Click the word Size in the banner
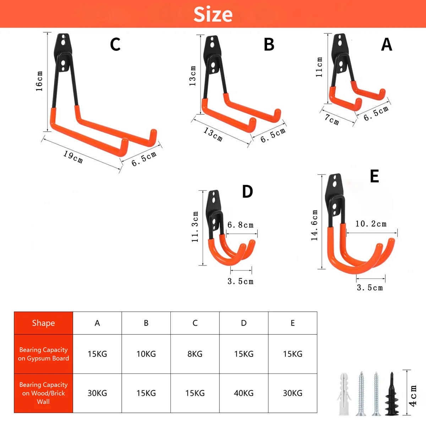pos(213,14)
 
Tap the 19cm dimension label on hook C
pos(73,157)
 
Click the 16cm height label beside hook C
pos(39,81)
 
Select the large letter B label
pos(269,45)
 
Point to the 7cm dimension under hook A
pos(332,120)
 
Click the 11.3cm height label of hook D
pos(195,227)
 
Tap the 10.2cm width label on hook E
pos(371,224)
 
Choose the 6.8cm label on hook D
pos(240,225)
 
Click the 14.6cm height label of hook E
pos(315,225)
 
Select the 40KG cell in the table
pos(244,393)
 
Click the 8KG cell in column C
pos(195,354)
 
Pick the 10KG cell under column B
pos(146,354)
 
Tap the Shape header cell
pos(43,323)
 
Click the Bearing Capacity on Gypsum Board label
pos(43,354)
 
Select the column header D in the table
pos(244,323)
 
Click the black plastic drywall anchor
pos(392,395)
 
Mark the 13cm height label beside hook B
pos(192,76)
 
